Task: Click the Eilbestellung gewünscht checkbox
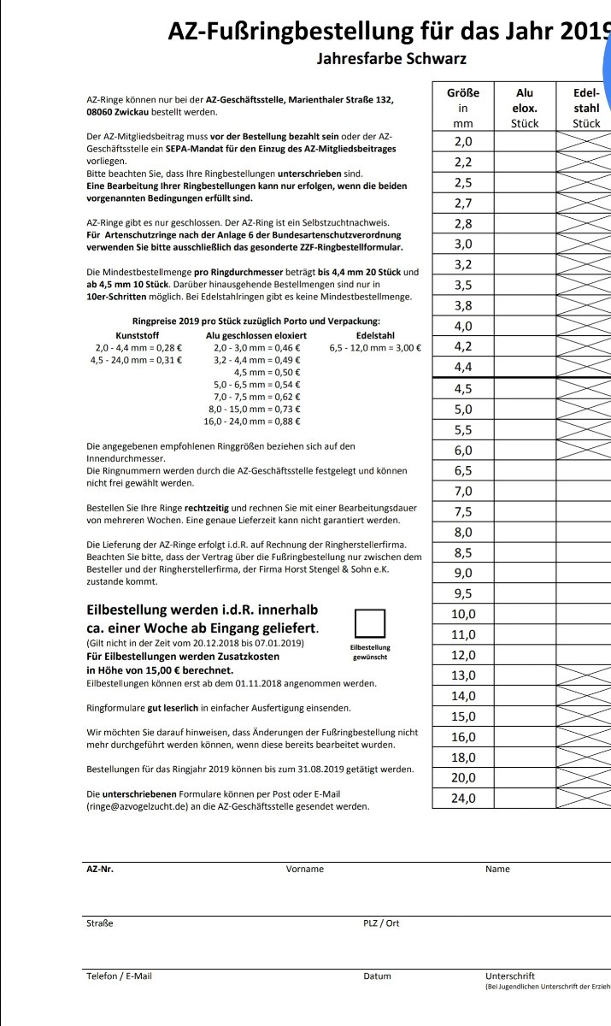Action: (x=370, y=623)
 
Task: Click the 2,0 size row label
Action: (x=463, y=141)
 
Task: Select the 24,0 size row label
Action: (x=463, y=799)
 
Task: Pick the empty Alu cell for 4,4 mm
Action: (x=525, y=367)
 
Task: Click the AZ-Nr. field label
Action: (x=100, y=869)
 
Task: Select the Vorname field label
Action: (x=305, y=869)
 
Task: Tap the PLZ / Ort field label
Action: (x=381, y=923)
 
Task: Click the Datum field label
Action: (x=377, y=976)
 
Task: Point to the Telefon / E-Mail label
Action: (x=120, y=976)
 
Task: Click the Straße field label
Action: (x=100, y=923)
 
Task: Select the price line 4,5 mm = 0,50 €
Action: (x=256, y=373)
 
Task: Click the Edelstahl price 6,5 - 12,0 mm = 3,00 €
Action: (x=374, y=348)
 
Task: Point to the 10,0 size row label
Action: (x=463, y=614)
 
